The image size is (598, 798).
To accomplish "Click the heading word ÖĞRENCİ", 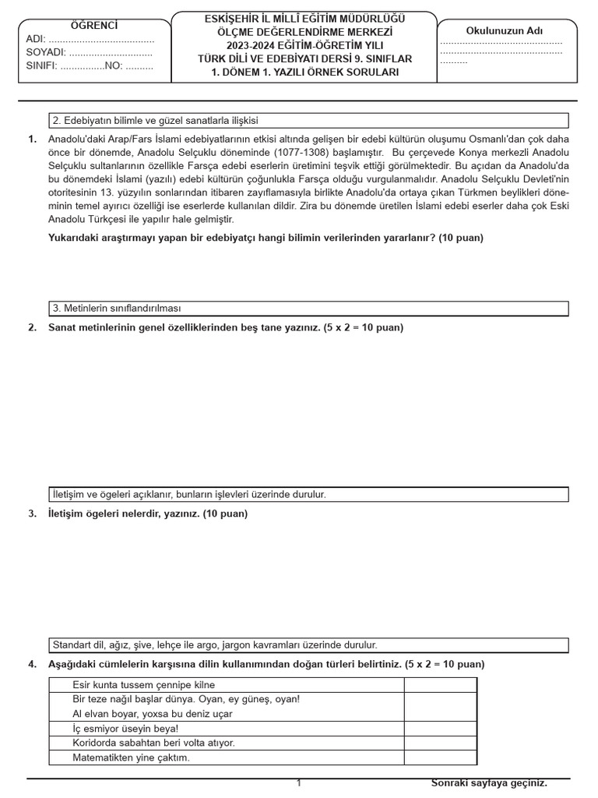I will [x=94, y=26].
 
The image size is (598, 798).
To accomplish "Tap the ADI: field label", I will [x=36, y=39].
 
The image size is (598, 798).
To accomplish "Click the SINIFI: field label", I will [x=42, y=65].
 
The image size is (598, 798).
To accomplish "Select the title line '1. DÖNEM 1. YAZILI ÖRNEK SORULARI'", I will [x=304, y=72].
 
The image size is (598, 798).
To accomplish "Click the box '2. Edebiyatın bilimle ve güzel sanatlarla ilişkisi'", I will [x=308, y=121].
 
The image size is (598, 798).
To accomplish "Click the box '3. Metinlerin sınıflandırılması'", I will [x=308, y=309].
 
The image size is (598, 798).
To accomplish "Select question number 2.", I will [x=32, y=327].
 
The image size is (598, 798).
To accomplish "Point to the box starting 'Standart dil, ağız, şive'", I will [x=308, y=645].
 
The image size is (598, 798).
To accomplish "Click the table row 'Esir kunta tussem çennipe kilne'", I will [x=226, y=685].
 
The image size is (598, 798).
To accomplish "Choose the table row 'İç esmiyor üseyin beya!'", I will [x=226, y=729].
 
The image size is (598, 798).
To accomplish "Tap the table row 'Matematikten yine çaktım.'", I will [x=226, y=757].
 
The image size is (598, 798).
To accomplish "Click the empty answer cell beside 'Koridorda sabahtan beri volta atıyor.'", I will [x=440, y=743].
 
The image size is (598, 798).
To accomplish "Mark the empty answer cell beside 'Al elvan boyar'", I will [x=440, y=714].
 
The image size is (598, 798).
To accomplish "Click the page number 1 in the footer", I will [x=298, y=783].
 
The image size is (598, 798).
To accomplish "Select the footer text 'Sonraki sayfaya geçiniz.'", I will [x=489, y=783].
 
